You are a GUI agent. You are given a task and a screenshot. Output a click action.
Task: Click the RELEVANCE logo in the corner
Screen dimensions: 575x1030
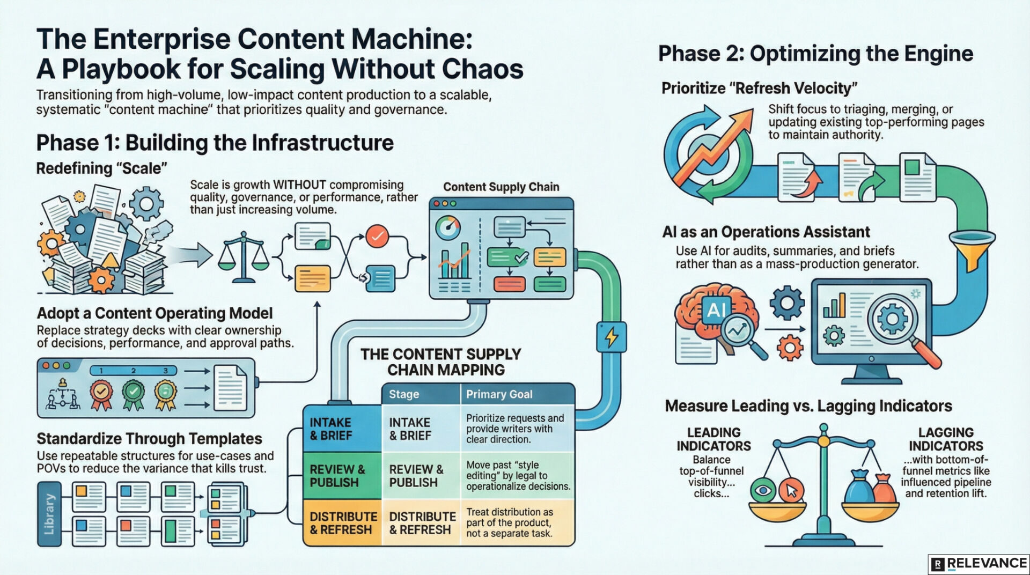point(979,564)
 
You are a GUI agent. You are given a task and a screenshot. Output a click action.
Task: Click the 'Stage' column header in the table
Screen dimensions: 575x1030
point(403,394)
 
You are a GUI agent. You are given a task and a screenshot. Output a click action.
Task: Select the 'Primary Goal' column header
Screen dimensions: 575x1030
point(499,394)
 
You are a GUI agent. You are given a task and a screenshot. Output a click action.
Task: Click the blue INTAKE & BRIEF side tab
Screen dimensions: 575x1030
point(342,429)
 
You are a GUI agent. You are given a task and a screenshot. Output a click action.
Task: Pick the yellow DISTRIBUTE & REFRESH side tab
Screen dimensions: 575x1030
point(342,523)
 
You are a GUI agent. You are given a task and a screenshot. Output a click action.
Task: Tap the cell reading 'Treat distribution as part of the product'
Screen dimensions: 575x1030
point(509,523)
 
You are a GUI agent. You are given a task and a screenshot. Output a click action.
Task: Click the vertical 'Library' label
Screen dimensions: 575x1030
point(49,514)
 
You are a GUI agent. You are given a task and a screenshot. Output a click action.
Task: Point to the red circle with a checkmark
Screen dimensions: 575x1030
point(377,236)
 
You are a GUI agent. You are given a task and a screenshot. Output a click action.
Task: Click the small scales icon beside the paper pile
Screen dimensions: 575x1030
point(244,257)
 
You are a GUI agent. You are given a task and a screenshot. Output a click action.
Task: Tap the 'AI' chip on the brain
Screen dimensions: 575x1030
point(717,310)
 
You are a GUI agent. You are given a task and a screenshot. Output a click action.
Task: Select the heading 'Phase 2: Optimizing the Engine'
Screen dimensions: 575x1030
point(815,54)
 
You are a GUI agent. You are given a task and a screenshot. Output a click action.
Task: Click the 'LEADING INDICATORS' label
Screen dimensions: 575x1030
point(713,439)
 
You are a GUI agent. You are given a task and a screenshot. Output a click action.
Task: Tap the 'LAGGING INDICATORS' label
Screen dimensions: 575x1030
point(945,439)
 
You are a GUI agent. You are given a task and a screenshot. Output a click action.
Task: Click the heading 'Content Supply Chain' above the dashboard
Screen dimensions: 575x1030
point(501,187)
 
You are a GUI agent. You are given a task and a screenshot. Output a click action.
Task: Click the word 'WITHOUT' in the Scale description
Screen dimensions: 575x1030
point(300,185)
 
